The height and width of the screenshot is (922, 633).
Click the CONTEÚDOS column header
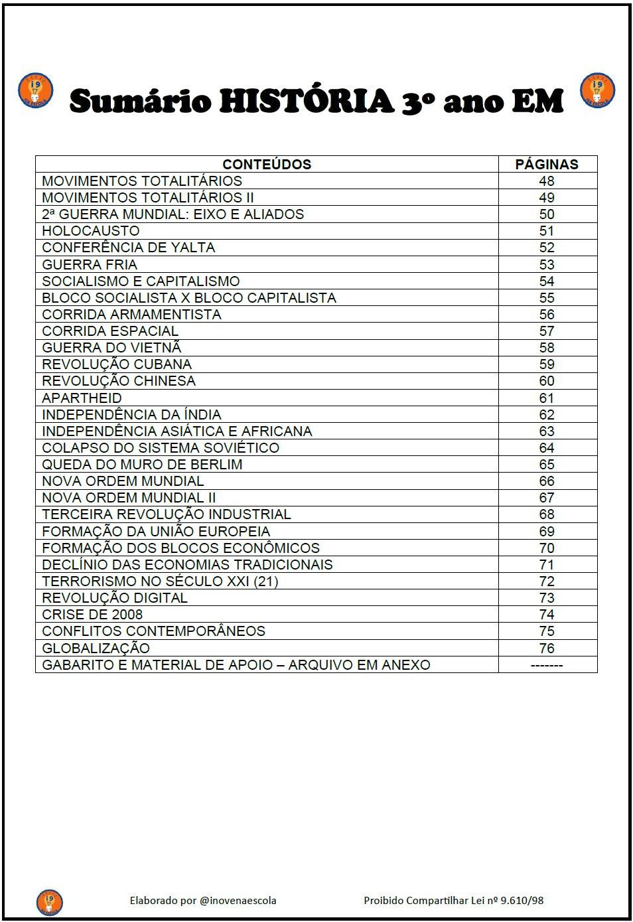267,164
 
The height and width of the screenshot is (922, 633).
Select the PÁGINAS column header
547,164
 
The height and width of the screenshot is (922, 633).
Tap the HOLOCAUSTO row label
91,231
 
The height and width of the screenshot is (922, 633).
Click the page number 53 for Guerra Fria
547,264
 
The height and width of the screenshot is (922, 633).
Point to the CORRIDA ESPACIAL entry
110,331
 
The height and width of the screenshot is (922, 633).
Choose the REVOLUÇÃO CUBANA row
117,364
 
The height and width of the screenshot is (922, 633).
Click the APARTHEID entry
82,398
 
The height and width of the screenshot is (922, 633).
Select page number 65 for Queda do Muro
547,465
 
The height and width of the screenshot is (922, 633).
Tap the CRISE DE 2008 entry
92,615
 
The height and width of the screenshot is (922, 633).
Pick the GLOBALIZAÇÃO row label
96,649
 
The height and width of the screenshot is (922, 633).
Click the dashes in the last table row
547,665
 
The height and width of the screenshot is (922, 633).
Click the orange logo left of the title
35,91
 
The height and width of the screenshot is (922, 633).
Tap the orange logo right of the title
597,91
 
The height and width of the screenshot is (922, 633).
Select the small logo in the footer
49,901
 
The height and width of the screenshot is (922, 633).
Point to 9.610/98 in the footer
522,901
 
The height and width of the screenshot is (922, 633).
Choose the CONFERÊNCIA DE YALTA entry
129,248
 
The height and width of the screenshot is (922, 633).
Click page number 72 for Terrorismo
547,581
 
